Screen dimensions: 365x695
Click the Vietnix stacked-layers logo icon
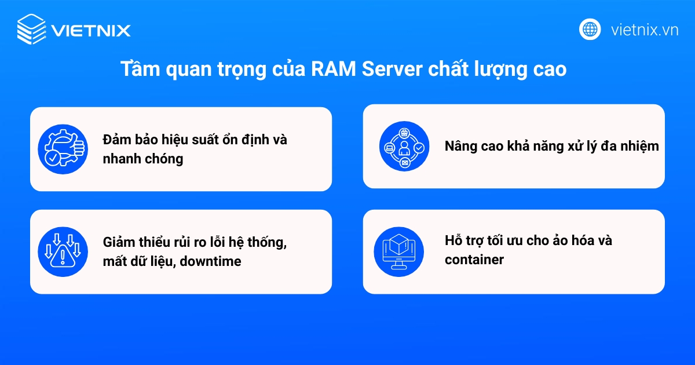(x=31, y=30)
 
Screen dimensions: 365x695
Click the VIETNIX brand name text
(x=91, y=30)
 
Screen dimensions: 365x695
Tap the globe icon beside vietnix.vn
(x=590, y=29)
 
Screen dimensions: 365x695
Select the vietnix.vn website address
(x=645, y=30)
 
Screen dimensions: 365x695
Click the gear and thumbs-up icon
(x=61, y=149)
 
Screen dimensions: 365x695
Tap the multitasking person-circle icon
(x=403, y=147)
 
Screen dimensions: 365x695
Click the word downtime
(x=210, y=261)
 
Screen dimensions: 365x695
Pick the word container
(x=474, y=260)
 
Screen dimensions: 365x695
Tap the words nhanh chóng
(x=142, y=159)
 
